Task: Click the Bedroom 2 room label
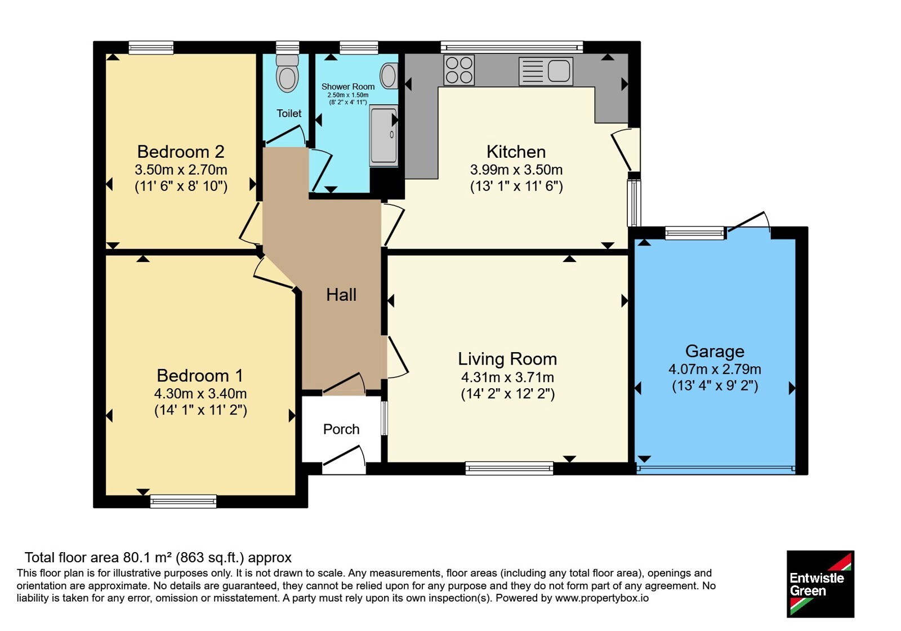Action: click(x=181, y=152)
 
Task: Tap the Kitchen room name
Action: click(x=516, y=152)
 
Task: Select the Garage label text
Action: click(x=715, y=352)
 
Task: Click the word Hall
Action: click(x=341, y=295)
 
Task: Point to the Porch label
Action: click(x=341, y=429)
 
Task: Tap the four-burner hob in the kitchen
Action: click(x=459, y=70)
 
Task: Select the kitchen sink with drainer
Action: click(x=546, y=71)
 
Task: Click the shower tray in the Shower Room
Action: click(x=383, y=135)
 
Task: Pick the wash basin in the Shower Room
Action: click(x=389, y=75)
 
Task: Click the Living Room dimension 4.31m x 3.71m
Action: click(x=507, y=377)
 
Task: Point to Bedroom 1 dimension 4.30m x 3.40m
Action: click(x=200, y=393)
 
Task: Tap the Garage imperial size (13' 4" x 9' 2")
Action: click(x=715, y=386)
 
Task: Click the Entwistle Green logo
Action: click(x=820, y=584)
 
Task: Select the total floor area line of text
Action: click(x=158, y=557)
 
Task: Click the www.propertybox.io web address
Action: click(x=602, y=598)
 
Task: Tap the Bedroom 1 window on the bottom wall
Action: click(x=184, y=501)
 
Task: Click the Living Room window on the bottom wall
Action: click(x=509, y=468)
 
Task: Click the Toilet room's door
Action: click(x=284, y=136)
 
